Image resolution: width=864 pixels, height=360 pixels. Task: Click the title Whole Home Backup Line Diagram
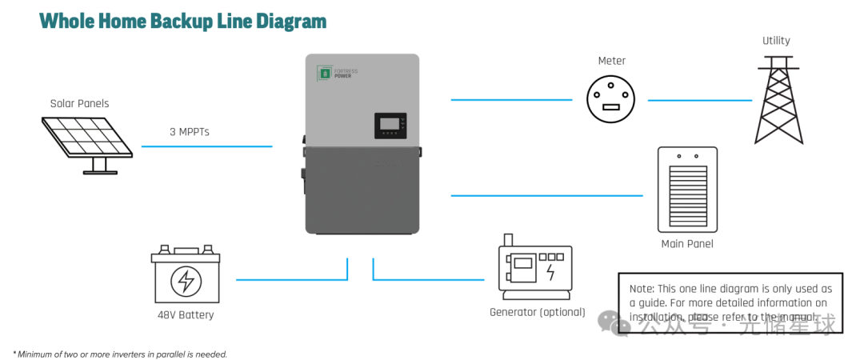(183, 21)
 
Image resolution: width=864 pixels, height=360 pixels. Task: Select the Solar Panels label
(79, 103)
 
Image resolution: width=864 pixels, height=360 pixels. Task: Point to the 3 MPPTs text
(189, 132)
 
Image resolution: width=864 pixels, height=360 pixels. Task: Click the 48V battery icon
(186, 275)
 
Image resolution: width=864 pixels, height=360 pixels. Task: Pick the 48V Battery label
(186, 315)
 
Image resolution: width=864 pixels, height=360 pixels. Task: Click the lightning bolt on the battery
(186, 281)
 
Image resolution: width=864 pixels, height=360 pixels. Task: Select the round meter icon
(610, 99)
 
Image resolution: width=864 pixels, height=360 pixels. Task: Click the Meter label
(612, 61)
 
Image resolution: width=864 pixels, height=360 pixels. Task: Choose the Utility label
(776, 40)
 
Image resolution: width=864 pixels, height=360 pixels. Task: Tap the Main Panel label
(687, 244)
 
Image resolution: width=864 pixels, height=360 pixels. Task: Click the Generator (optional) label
(538, 312)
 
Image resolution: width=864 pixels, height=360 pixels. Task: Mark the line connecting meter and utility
(699, 100)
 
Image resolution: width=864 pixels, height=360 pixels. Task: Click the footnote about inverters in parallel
(120, 354)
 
